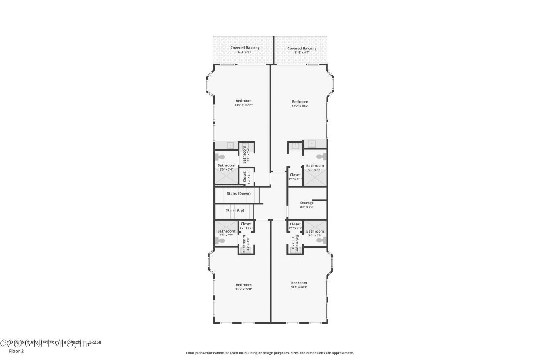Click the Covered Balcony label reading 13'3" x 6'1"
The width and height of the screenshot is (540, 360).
tap(245, 50)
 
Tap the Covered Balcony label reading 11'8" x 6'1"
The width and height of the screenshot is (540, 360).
tap(302, 50)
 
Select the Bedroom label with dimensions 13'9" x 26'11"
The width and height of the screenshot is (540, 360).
tap(243, 103)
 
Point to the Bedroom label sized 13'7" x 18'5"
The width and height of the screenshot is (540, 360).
tap(300, 103)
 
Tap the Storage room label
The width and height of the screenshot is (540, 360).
tap(307, 205)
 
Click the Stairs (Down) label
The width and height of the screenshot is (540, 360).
tap(239, 194)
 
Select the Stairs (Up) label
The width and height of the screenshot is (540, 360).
tap(235, 210)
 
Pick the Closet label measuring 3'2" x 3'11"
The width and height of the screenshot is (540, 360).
tap(244, 177)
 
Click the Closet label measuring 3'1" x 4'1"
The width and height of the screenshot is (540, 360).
tap(295, 176)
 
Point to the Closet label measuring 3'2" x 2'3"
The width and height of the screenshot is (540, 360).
tap(246, 226)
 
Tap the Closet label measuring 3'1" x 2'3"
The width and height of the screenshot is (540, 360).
tap(295, 226)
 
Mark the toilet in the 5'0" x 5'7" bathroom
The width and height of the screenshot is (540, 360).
tap(219, 241)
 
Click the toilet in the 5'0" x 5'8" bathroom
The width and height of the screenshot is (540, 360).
tap(321, 240)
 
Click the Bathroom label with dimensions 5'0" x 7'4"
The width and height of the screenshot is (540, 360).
tap(226, 167)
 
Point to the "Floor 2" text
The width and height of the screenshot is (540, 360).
tap(16, 351)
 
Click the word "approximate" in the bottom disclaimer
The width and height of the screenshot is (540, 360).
tap(342, 353)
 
